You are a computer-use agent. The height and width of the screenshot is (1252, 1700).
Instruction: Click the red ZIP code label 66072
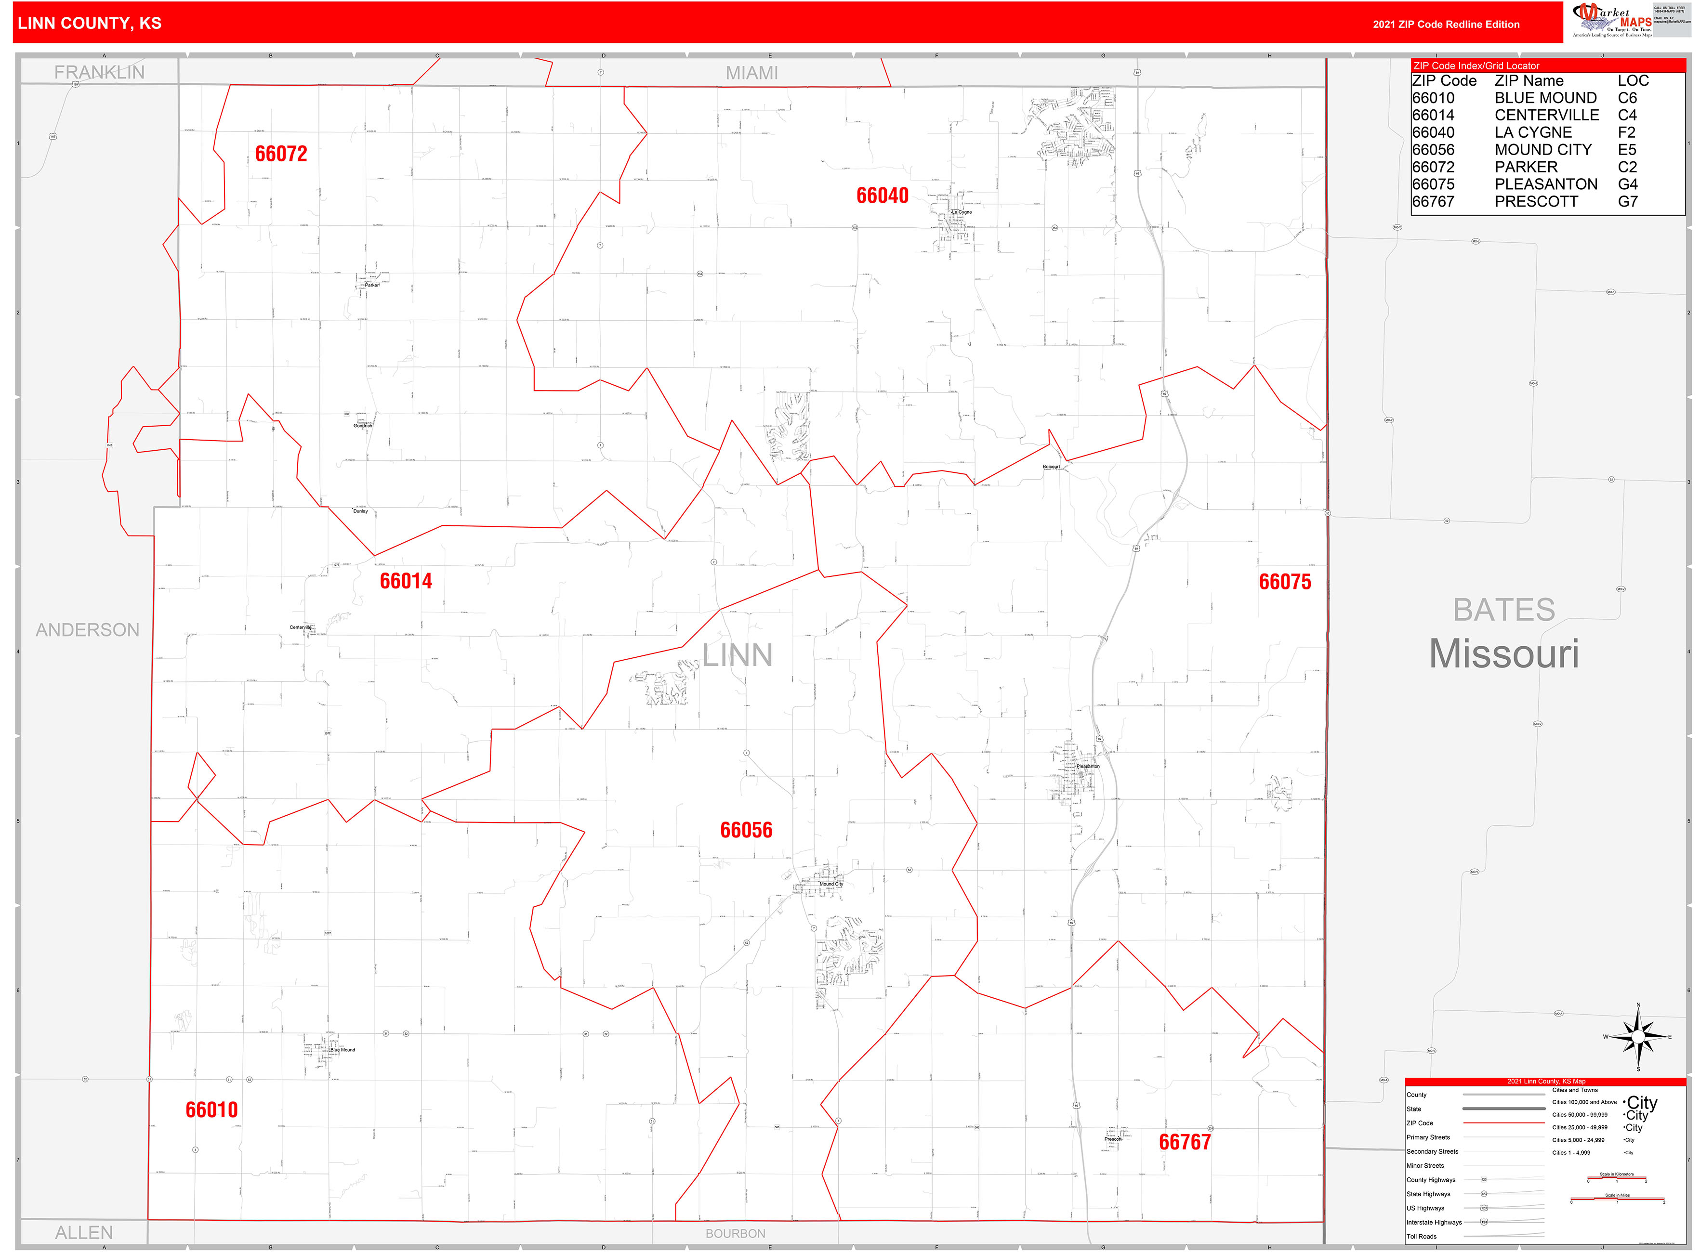point(281,154)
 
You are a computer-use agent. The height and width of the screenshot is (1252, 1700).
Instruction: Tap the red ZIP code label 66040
point(882,196)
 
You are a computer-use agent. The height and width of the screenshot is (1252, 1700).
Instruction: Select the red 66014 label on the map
point(406,581)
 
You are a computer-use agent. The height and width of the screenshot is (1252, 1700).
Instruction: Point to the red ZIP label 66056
point(746,830)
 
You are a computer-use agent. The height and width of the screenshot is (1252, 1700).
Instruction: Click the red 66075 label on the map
point(1284,582)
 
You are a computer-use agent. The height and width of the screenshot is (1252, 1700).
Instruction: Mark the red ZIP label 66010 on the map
point(211,1109)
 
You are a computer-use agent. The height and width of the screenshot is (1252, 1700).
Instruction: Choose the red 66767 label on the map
point(1185,1142)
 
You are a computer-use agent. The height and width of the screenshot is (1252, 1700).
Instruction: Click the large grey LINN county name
point(737,655)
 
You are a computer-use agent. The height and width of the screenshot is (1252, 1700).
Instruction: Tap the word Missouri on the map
point(1503,654)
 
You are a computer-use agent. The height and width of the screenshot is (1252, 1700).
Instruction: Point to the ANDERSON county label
point(87,630)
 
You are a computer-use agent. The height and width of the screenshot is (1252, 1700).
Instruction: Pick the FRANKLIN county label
point(99,72)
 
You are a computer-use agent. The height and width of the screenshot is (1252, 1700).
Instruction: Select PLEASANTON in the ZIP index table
point(1545,184)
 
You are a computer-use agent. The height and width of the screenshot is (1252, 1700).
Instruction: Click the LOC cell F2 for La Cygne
point(1626,132)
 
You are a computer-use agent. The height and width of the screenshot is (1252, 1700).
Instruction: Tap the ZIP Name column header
point(1529,81)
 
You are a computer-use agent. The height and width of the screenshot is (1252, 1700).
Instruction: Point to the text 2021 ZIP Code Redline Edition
point(1446,24)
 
